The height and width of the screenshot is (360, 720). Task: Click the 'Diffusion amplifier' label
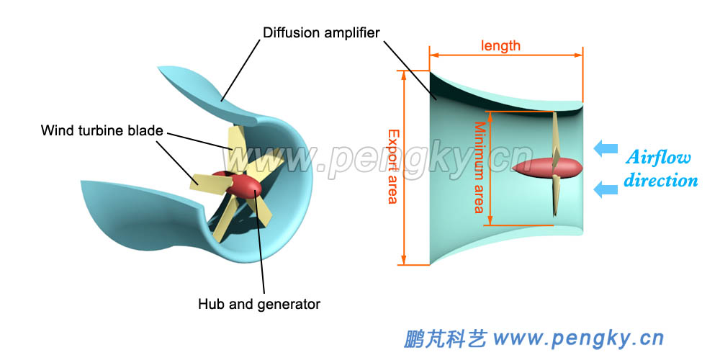(x=321, y=32)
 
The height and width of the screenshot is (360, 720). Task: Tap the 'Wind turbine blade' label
(x=102, y=130)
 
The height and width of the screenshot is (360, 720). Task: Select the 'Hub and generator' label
(x=259, y=304)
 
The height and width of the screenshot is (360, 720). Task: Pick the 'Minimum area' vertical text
(x=479, y=167)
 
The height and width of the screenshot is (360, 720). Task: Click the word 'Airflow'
(x=658, y=158)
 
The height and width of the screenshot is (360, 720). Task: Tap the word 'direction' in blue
(x=660, y=180)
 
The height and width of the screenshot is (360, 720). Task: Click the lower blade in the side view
(x=556, y=198)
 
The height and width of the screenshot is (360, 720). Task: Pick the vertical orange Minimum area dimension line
(x=490, y=167)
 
